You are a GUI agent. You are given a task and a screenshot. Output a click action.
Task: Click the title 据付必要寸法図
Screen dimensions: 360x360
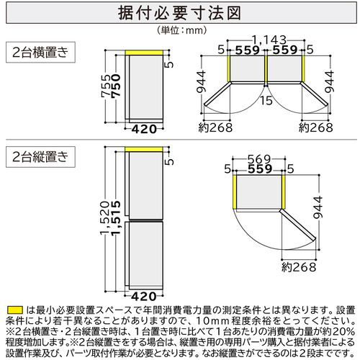tap(179, 13)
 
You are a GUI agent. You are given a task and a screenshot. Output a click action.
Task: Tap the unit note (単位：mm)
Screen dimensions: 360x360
tap(181, 30)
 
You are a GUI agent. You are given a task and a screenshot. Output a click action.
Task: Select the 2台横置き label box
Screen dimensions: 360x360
tap(40, 52)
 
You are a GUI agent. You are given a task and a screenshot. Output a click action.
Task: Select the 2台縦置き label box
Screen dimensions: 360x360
tap(40, 157)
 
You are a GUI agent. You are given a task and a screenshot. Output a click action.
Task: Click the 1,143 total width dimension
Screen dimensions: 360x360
tap(269, 40)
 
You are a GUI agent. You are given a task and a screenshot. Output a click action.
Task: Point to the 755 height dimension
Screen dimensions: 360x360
tap(107, 86)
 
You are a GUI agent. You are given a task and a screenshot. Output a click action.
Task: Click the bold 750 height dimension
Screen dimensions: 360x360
tap(117, 86)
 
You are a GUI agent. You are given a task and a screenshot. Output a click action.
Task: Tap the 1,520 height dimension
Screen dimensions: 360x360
tap(105, 217)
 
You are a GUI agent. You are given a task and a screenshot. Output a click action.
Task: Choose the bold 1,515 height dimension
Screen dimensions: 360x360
tap(116, 217)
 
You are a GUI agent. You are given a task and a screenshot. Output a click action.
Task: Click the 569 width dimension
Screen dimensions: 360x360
tap(259, 159)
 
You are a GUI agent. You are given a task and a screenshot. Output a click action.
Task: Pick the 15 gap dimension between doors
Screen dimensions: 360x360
tap(266, 101)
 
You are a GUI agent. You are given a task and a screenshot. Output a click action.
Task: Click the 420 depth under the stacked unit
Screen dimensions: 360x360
tap(144, 297)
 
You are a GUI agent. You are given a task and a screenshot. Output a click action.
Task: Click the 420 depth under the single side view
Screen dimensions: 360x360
tap(144, 130)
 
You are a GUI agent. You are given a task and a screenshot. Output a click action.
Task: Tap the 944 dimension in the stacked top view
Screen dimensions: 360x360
tap(318, 207)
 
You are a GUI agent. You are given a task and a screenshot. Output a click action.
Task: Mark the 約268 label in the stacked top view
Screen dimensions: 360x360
tap(299, 267)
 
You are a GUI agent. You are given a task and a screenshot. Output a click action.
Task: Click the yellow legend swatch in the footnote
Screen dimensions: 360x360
tap(15, 310)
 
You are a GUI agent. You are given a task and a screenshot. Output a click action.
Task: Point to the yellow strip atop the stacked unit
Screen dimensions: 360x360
tap(144, 149)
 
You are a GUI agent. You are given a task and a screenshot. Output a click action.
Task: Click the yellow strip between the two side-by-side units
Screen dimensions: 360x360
tap(266, 68)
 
